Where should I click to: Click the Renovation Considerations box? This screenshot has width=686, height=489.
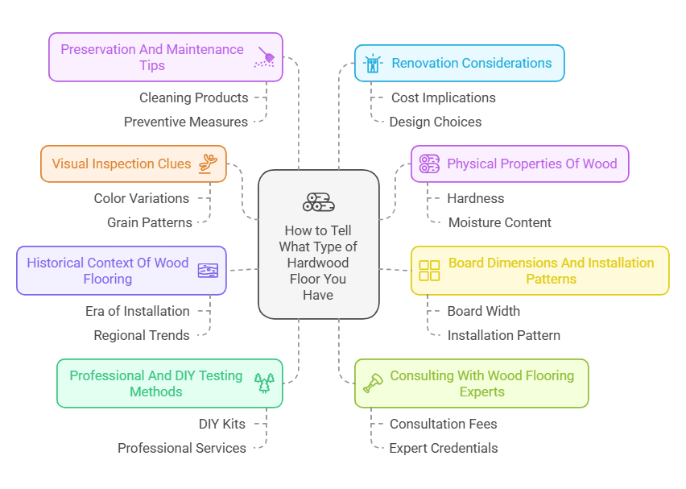pos(460,63)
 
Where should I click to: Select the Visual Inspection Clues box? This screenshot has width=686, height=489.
pos(134,164)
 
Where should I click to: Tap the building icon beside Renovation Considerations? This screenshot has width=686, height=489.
pos(371,64)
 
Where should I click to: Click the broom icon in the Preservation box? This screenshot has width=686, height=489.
pos(265,56)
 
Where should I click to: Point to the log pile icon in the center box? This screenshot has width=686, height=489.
pos(319,202)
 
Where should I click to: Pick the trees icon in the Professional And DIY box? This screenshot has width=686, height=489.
pos(264,383)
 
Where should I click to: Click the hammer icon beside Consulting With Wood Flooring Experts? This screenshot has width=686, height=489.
pos(373,383)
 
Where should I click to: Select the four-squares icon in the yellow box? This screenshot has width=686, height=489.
pos(429,271)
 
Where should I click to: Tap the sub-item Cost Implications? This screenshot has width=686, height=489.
pos(443,97)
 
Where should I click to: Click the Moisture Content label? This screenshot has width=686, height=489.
pos(499,222)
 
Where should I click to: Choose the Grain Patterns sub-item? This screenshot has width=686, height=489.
pos(150,222)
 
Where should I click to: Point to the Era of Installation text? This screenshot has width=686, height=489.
pos(138,311)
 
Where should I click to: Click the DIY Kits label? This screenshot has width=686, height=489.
pos(221,424)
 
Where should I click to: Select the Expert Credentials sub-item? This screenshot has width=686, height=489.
pos(444,448)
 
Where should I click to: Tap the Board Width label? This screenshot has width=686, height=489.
pos(483,311)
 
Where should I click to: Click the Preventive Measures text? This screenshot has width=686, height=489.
pos(186,122)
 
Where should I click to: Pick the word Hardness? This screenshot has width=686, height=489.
pos(475,198)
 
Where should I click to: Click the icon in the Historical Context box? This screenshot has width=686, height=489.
pos(208,271)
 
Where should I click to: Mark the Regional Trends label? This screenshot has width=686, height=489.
pos(142,335)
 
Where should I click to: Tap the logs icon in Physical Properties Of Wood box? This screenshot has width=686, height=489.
pos(429,164)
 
